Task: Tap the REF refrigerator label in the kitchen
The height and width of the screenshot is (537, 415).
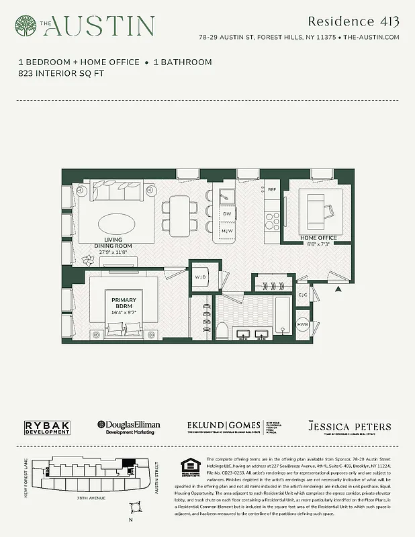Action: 272,190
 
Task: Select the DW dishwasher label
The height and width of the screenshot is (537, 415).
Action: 227,213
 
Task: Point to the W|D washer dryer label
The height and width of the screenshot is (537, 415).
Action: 200,277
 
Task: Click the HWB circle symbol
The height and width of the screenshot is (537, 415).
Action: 304,324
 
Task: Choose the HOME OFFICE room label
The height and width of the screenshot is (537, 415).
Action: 318,238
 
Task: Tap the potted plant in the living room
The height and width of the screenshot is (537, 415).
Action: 87,259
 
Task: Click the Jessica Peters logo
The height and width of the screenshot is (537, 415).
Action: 349,428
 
